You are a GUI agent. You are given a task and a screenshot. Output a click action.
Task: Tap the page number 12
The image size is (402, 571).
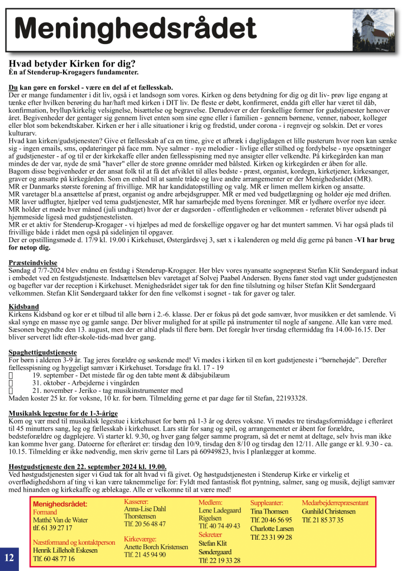click(x=9, y=557)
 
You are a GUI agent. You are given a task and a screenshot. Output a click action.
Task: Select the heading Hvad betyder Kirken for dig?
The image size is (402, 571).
click(x=72, y=64)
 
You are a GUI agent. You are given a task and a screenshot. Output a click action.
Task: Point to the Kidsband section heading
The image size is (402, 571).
click(x=23, y=306)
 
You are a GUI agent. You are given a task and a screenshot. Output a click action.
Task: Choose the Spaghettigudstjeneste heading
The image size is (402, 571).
click(x=42, y=353)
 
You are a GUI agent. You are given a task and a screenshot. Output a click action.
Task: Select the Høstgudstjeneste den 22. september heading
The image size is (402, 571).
click(x=88, y=466)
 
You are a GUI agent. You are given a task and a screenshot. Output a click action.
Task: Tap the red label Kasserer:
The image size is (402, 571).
click(x=136, y=502)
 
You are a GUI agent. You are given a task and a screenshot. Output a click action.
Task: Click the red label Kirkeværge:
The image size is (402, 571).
click(x=140, y=539)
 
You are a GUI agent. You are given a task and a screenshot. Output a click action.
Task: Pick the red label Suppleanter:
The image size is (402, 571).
click(x=267, y=503)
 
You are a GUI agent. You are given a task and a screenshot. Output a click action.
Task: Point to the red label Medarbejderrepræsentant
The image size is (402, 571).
click(x=335, y=503)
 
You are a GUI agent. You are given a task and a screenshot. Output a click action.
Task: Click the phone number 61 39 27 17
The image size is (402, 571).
click(x=52, y=527)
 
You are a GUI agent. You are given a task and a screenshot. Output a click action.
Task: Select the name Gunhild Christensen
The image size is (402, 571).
click(x=328, y=511)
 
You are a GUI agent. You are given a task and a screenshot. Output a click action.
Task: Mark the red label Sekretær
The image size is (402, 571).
click(x=210, y=534)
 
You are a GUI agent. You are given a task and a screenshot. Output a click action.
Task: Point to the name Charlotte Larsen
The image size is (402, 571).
click(x=272, y=529)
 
